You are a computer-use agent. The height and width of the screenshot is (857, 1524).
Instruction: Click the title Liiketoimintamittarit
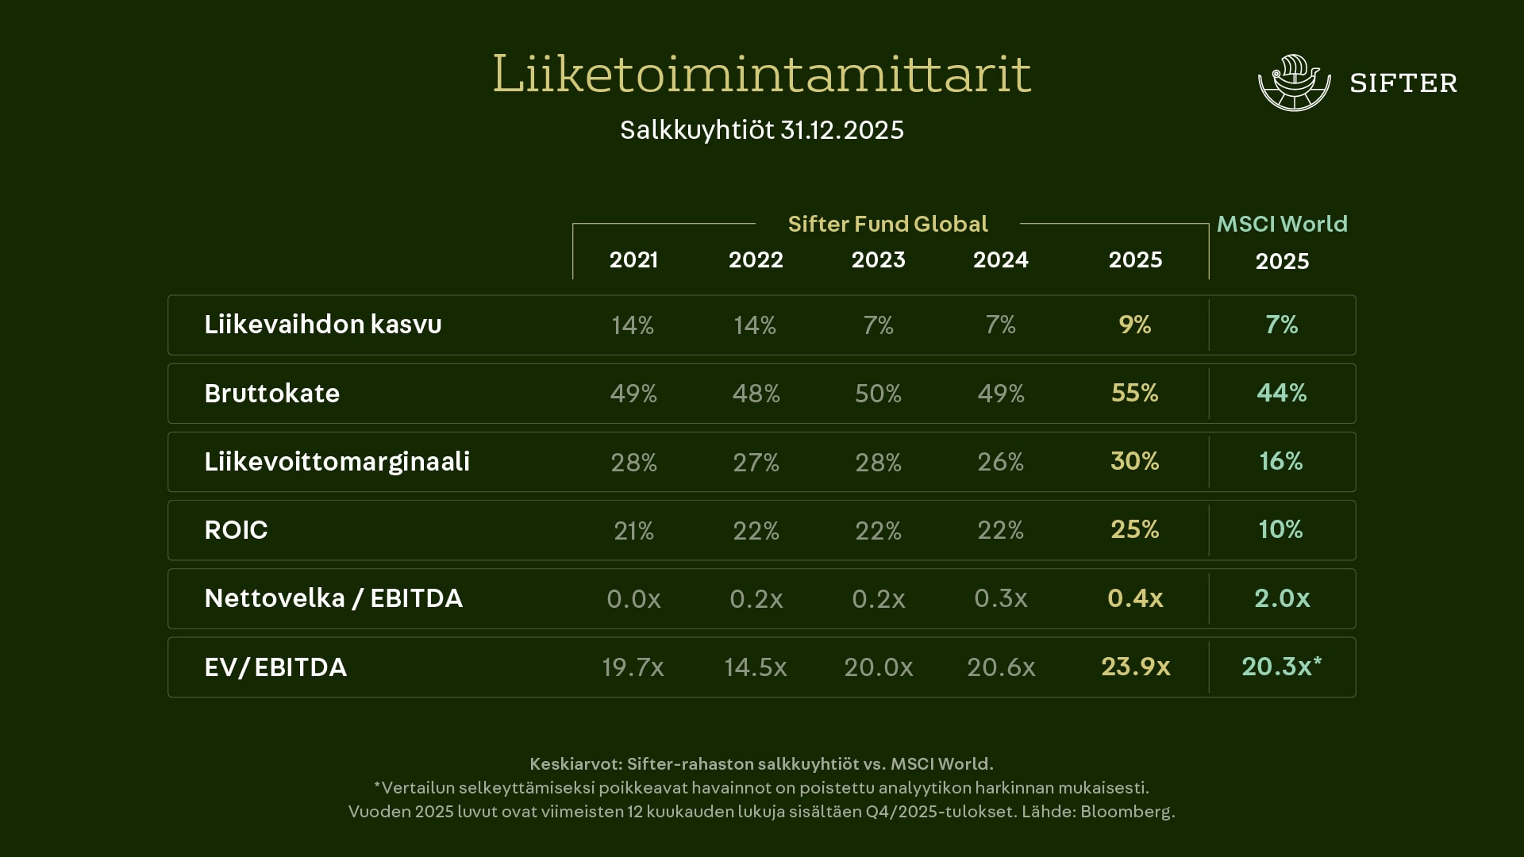click(x=761, y=74)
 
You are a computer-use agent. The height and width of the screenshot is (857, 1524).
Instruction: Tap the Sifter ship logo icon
click(x=1294, y=83)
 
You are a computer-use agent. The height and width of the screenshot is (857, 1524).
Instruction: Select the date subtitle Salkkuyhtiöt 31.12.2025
click(x=761, y=130)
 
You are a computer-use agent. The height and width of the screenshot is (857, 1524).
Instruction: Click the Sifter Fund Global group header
click(x=887, y=224)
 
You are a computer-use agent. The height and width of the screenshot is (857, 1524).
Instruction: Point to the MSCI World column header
click(x=1282, y=224)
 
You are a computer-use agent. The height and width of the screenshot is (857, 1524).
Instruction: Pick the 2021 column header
click(x=633, y=260)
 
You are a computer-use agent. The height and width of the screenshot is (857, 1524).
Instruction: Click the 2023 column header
click(x=878, y=260)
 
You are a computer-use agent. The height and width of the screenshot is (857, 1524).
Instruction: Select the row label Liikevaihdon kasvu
click(x=323, y=325)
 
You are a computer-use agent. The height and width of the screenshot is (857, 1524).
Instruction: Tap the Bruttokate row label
click(x=272, y=394)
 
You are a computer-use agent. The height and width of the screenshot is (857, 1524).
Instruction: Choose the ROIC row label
click(x=237, y=530)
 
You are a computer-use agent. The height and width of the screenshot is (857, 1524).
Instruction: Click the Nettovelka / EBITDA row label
click(x=333, y=598)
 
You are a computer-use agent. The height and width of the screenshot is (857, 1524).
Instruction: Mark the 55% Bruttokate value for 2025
click(x=1134, y=393)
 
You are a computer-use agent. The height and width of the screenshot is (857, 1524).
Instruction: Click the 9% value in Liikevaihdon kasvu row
click(x=1134, y=325)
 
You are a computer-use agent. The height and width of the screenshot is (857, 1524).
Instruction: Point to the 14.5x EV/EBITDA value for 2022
click(x=755, y=667)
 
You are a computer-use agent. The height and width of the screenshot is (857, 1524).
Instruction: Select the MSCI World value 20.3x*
click(x=1281, y=667)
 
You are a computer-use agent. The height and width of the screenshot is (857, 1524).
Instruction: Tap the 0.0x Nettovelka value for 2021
click(x=633, y=598)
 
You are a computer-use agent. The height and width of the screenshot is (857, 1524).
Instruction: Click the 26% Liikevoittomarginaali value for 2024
click(x=1000, y=462)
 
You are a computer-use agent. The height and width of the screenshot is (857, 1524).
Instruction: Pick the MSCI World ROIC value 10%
click(x=1280, y=529)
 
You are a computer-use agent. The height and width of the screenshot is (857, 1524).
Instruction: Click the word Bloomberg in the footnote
click(x=1126, y=812)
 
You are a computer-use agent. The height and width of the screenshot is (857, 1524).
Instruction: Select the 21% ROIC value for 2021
click(x=633, y=530)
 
